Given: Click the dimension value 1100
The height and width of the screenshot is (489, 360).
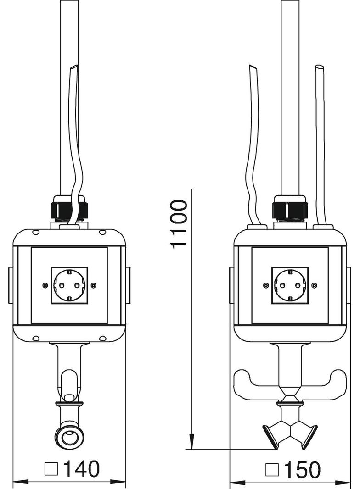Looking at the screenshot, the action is [179, 224].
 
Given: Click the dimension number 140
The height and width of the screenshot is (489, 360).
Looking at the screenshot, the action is [80, 468].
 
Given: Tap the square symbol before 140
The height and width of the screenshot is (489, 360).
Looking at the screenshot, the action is [51, 469].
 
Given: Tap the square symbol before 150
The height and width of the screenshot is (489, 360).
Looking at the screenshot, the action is [272, 469].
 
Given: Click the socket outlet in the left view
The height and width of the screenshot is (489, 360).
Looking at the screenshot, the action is [69, 285].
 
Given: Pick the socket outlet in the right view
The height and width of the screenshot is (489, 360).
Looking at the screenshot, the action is [290, 285].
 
